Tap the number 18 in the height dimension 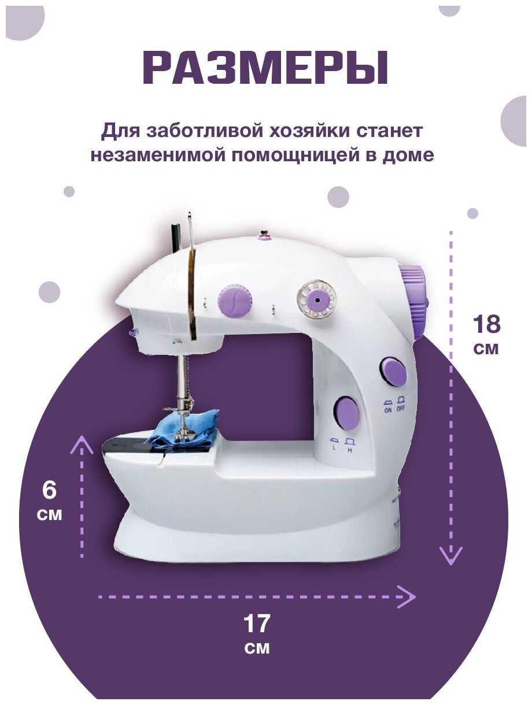[x=486, y=324]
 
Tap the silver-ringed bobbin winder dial [x=317, y=300]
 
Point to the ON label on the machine [x=388, y=410]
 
